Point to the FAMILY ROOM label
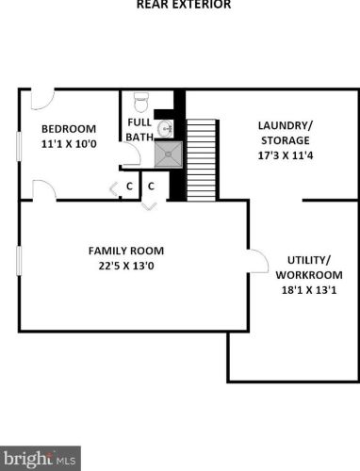click(126, 251)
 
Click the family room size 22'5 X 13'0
click(126, 268)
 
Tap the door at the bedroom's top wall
click(41, 99)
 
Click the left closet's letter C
click(129, 187)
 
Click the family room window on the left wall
click(19, 260)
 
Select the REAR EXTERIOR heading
click(183, 5)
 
